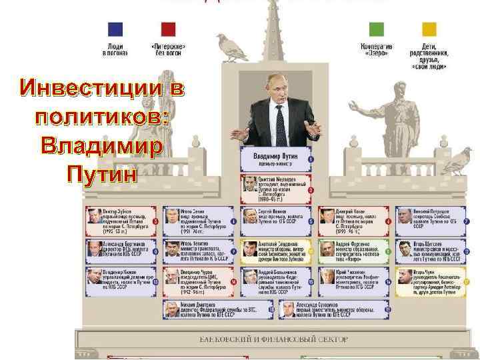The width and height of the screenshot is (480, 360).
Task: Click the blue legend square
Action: coord(115,29)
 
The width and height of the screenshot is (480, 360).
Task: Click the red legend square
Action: coord(168,29)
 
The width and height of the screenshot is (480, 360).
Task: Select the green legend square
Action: coord(377,29)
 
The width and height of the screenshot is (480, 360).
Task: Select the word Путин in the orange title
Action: coord(100,173)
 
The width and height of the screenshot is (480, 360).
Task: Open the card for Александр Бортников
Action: coord(120,248)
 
